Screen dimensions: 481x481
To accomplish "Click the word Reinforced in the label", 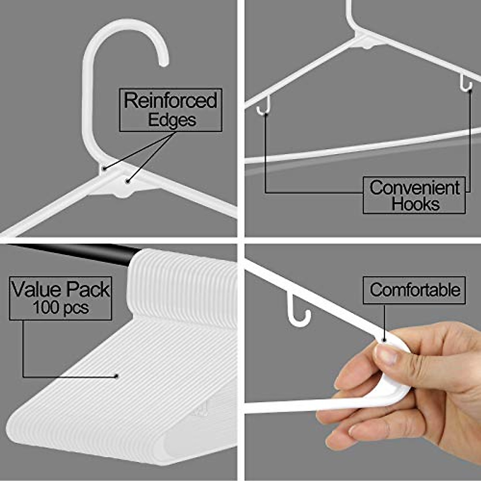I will pyautogui.click(x=170, y=100).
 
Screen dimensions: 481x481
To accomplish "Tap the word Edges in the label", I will pyautogui.click(x=172, y=120).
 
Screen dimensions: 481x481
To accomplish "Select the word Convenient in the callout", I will pyautogui.click(x=414, y=188).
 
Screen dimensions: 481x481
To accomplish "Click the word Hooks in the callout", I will pyautogui.click(x=416, y=204).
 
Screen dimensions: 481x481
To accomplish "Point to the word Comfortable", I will pyautogui.click(x=414, y=289).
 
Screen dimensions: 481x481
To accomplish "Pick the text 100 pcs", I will pyautogui.click(x=61, y=308).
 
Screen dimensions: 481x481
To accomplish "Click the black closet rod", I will pyautogui.click(x=80, y=253).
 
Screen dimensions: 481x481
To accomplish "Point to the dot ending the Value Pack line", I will pyautogui.click(x=116, y=376).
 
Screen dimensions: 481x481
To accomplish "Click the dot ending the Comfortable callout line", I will pyautogui.click(x=384, y=340).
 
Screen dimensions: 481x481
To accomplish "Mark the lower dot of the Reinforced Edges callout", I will pyautogui.click(x=127, y=182).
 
